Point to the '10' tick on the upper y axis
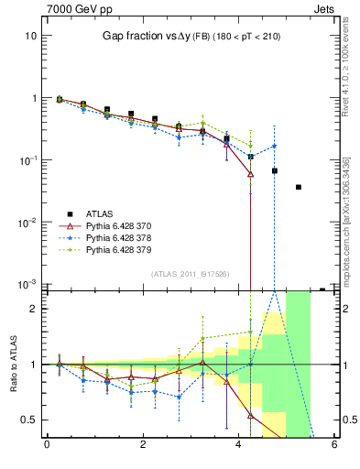[30, 36]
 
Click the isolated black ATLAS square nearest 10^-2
[299, 187]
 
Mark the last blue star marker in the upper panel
[274, 147]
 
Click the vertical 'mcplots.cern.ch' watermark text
[345, 234]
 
